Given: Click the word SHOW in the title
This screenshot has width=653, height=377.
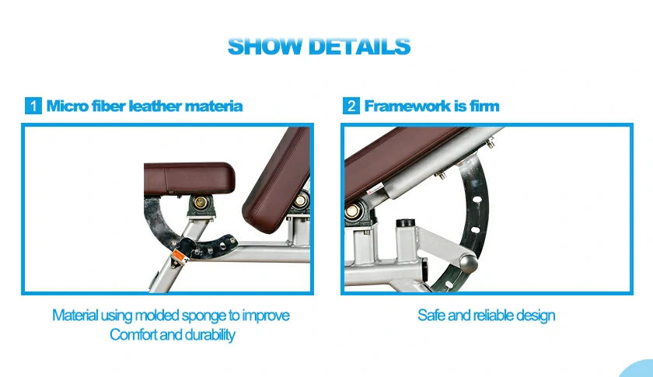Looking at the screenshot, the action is click(265, 46).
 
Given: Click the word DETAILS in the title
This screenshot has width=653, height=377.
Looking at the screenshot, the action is click(359, 46).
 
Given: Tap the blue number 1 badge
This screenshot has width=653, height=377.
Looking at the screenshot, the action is click(33, 106).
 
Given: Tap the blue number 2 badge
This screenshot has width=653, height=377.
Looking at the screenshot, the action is click(351, 106).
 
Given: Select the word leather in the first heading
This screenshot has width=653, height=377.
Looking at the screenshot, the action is click(155, 106).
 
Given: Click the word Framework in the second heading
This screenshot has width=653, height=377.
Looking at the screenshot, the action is click(407, 106).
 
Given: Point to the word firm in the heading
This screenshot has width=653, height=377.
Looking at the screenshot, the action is click(484, 106).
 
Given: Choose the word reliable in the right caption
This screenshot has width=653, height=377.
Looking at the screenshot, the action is click(494, 316).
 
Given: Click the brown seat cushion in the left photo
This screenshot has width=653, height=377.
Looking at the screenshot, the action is click(189, 178).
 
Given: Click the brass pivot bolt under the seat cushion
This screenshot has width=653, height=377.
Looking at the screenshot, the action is click(201, 203).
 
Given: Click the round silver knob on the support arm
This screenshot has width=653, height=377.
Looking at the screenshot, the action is click(469, 264).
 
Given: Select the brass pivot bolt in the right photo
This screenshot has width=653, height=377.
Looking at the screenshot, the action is click(352, 211).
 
